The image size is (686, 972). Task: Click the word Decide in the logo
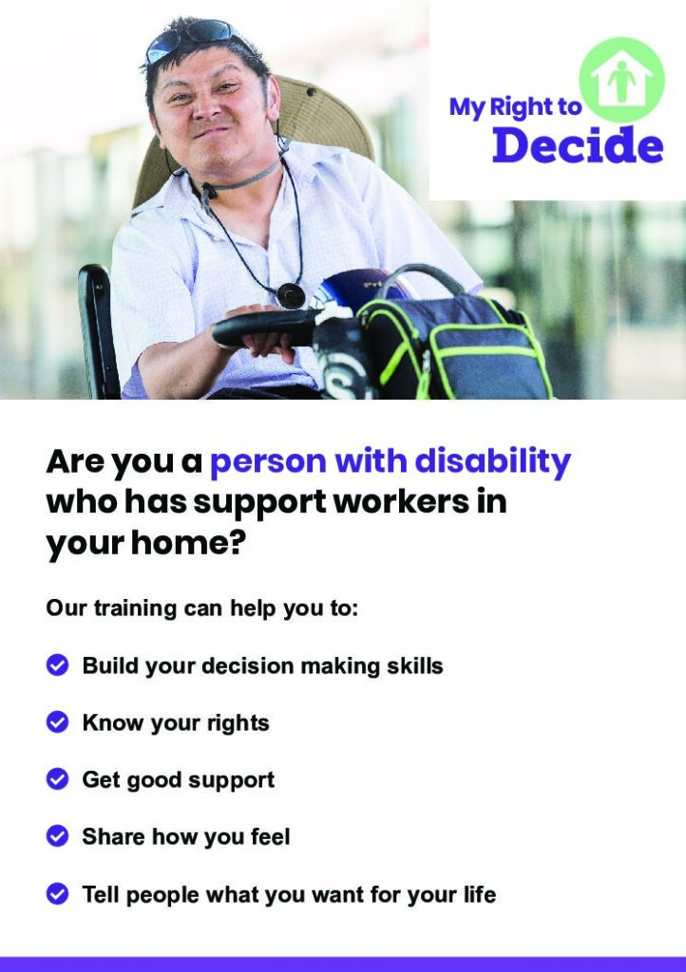(x=578, y=145)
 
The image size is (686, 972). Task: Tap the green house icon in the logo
(x=621, y=80)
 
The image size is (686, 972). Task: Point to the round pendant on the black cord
(x=291, y=295)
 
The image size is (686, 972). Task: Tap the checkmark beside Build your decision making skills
(x=57, y=665)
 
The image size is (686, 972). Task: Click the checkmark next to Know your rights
(x=57, y=722)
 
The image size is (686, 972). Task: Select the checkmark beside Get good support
(x=57, y=779)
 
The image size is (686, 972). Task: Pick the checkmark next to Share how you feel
(x=57, y=836)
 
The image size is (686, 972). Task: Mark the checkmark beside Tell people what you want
(x=57, y=894)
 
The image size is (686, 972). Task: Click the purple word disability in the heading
(x=492, y=462)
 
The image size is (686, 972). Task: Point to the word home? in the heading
(x=188, y=542)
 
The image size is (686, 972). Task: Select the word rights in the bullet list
(x=238, y=723)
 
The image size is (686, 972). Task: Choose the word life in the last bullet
(x=480, y=894)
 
